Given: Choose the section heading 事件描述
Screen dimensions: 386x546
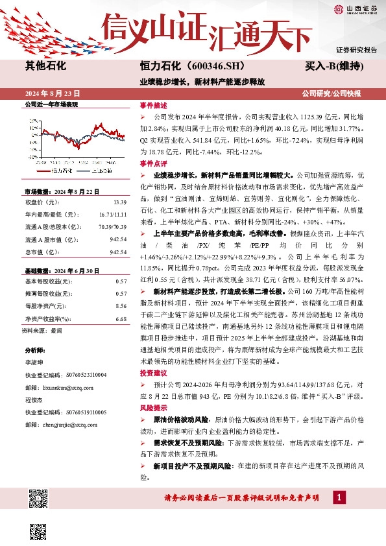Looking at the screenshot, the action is tap(153, 105).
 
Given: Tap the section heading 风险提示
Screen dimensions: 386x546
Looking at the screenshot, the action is tap(153, 409).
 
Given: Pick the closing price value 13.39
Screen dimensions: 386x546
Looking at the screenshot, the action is tap(119, 202).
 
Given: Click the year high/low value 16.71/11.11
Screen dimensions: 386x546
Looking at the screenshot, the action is tap(112, 213).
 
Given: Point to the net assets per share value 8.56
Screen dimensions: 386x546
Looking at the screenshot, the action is tap(121, 305).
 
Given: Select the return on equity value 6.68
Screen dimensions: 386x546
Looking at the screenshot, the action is tap(121, 319).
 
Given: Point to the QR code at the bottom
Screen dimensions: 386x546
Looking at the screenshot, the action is tap(39, 499).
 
